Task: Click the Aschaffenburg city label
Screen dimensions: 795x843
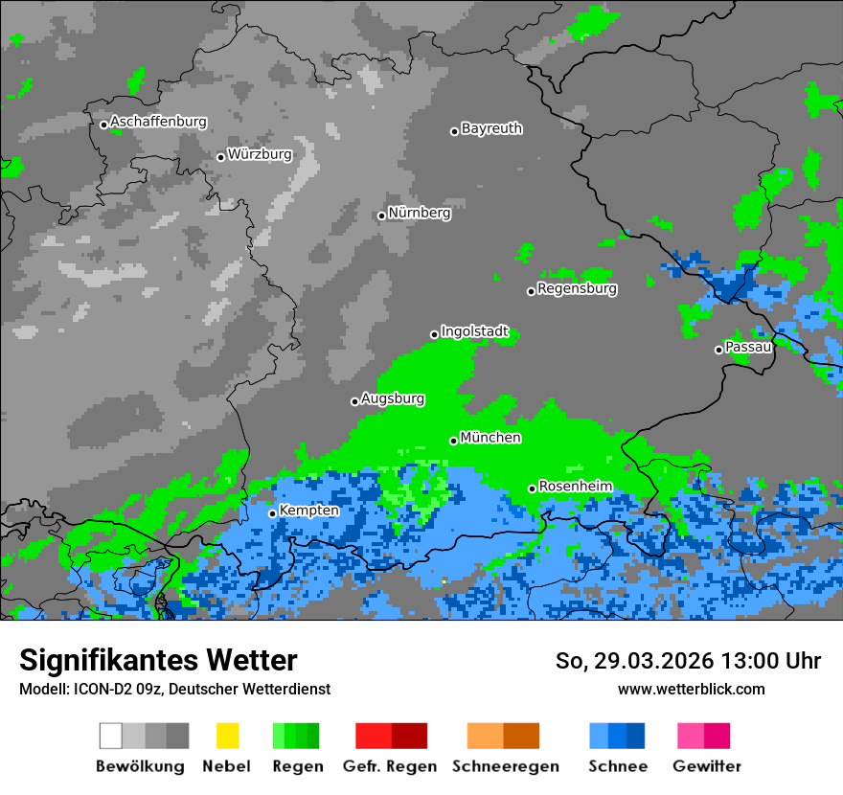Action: point(158,122)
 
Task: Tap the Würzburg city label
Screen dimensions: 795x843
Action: point(260,154)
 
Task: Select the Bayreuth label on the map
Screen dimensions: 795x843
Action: point(491,128)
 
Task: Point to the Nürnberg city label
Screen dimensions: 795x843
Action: point(419,213)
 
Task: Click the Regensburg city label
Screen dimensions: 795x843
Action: point(577,288)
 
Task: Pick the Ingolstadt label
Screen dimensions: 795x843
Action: point(474,331)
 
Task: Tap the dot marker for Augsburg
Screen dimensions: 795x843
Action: point(354,401)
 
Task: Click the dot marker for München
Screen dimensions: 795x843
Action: point(454,441)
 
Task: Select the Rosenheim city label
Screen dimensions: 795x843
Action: point(575,487)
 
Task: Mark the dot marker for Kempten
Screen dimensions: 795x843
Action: point(273,513)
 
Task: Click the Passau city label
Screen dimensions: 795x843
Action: point(748,347)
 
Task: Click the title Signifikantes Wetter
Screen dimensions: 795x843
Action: point(158,660)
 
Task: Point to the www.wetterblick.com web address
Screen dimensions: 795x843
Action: point(691,689)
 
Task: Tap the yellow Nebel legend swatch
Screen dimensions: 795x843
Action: point(227,736)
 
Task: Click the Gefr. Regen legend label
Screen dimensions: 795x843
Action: point(390,766)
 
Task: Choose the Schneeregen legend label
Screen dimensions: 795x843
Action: point(505,766)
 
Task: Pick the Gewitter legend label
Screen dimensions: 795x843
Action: point(706,766)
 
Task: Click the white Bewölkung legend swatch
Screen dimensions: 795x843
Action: point(111,736)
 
